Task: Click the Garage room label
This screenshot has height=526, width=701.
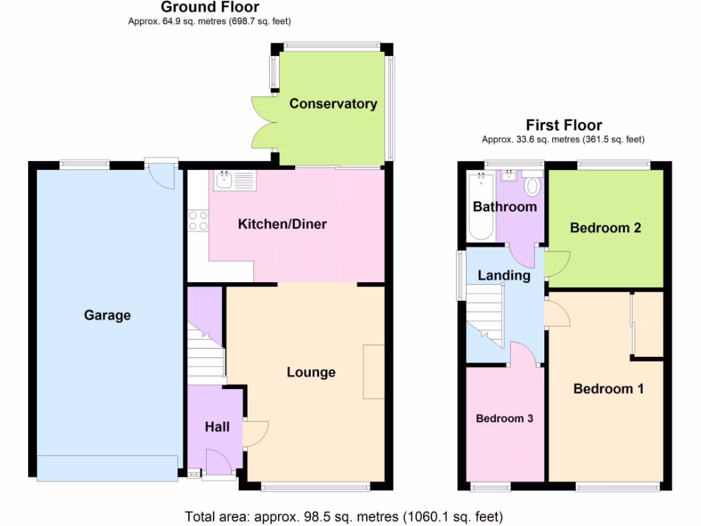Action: click(x=107, y=316)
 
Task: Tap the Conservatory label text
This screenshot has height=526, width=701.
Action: click(x=333, y=104)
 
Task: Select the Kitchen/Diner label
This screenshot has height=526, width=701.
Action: click(x=282, y=224)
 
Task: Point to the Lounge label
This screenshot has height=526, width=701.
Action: click(x=311, y=373)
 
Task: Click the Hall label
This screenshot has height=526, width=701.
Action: click(x=217, y=427)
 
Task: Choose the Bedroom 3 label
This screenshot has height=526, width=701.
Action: click(x=505, y=418)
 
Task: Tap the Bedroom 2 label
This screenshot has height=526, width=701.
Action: click(x=605, y=228)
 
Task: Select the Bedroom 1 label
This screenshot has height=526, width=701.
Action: click(x=608, y=389)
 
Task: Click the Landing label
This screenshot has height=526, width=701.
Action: click(x=504, y=275)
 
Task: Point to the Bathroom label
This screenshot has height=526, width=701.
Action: click(x=505, y=207)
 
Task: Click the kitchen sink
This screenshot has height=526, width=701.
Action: click(x=235, y=181)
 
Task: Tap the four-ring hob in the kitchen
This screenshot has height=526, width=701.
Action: click(x=198, y=221)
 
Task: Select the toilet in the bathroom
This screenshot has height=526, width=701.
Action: click(x=532, y=185)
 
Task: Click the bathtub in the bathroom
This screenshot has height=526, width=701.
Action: click(x=481, y=207)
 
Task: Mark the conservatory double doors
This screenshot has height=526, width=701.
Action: click(x=264, y=123)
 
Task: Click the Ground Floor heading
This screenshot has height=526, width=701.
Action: click(x=209, y=8)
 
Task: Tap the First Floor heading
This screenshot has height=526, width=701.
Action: click(x=563, y=125)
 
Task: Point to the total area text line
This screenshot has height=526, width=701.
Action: click(x=344, y=516)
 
